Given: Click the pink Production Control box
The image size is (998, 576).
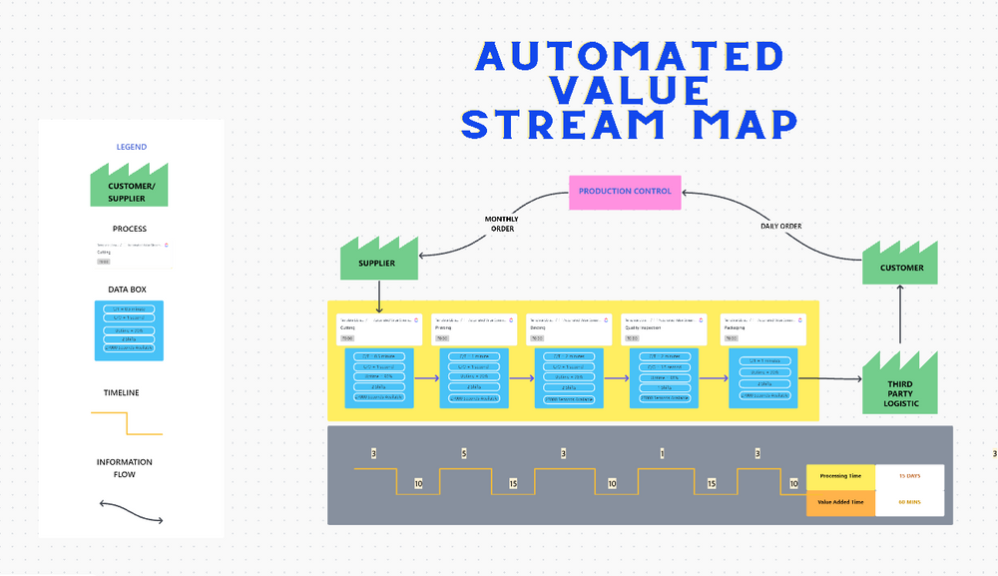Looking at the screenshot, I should (626, 192).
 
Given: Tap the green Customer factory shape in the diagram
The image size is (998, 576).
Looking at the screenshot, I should (901, 265).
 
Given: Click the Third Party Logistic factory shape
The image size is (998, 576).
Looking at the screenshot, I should (901, 386).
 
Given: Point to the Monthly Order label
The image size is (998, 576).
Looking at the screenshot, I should (501, 224).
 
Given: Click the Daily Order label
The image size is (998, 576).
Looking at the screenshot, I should (780, 226).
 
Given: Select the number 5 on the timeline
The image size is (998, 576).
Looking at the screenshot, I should (464, 454).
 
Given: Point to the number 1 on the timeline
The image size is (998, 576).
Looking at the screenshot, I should (662, 454).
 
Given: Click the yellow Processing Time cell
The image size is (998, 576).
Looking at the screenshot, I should (840, 476).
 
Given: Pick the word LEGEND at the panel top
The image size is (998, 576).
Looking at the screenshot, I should (131, 147).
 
